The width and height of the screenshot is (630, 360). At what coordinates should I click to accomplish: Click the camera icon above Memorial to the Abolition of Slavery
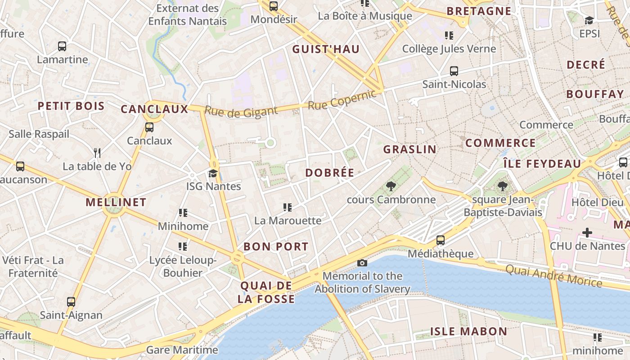click(362, 263)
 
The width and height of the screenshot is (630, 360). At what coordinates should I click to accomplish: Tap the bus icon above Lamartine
click(62, 46)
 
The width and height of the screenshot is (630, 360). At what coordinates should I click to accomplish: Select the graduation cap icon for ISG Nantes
click(212, 173)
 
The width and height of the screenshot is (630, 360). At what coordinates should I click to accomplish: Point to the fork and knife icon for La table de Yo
click(97, 153)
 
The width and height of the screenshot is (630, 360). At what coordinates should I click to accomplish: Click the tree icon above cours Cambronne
click(391, 186)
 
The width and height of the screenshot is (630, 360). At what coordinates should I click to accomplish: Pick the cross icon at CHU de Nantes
click(587, 233)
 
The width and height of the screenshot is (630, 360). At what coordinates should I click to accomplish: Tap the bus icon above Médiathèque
click(440, 240)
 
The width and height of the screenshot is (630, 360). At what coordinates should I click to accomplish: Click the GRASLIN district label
click(409, 149)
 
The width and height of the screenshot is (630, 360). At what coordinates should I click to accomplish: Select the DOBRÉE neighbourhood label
click(330, 173)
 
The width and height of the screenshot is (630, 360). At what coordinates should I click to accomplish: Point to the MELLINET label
click(116, 202)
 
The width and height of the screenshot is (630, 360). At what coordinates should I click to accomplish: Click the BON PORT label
click(276, 247)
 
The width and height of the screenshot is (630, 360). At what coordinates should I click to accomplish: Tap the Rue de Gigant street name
click(241, 111)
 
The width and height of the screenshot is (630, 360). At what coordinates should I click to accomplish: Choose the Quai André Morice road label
click(553, 276)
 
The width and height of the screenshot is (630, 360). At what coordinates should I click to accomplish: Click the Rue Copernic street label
click(342, 100)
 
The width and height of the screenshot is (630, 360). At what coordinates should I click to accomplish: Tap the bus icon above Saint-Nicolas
click(454, 71)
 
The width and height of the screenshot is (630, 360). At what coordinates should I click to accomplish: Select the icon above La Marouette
click(287, 207)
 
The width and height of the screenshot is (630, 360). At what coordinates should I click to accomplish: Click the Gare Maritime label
click(182, 350)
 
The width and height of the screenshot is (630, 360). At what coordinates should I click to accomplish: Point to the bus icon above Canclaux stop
click(149, 127)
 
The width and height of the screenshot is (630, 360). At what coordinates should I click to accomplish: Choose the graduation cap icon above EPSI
click(589, 20)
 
